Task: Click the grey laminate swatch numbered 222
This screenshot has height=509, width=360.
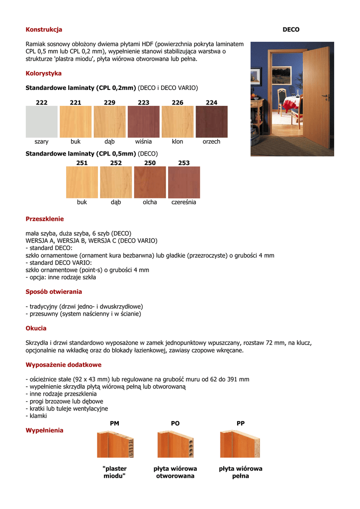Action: click(x=42, y=122)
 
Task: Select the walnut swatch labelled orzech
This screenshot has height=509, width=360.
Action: click(x=211, y=122)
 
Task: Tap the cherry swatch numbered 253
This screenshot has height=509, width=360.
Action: click(x=184, y=182)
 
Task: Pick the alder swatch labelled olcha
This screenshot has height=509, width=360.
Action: click(x=150, y=182)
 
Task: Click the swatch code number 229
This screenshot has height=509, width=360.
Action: click(x=109, y=102)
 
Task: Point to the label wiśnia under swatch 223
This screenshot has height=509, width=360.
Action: click(x=144, y=142)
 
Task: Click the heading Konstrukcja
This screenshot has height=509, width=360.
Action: click(x=44, y=30)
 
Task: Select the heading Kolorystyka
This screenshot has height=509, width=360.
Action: click(x=44, y=74)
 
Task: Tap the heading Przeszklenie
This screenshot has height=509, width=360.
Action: click(x=45, y=219)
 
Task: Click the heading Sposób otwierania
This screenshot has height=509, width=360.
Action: click(x=54, y=292)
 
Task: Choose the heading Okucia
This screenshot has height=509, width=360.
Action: click(x=36, y=328)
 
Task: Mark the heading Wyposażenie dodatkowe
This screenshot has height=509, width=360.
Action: click(x=63, y=365)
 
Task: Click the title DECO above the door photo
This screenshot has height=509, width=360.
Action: click(x=291, y=30)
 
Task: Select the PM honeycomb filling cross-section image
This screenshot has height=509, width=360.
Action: click(x=115, y=444)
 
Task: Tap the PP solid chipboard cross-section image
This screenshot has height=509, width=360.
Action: click(x=240, y=444)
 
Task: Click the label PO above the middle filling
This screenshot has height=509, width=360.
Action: click(x=175, y=424)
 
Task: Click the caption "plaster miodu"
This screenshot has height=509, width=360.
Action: click(x=114, y=472)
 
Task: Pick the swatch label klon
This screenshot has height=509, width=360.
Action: click(x=178, y=142)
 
